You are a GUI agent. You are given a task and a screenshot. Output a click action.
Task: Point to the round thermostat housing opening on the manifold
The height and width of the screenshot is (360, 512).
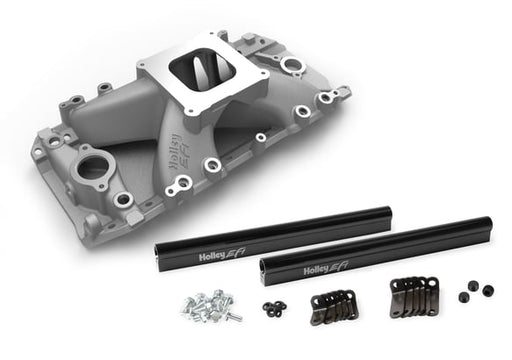[92, 167]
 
